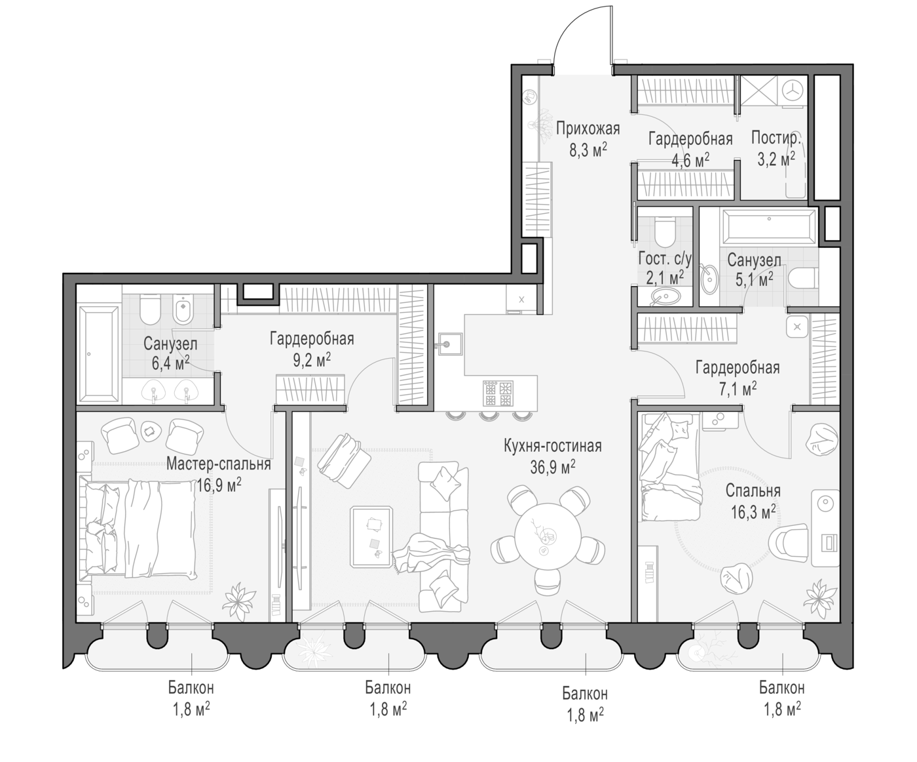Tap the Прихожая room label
pyautogui.click(x=588, y=129)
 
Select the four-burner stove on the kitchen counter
pyautogui.click(x=498, y=393)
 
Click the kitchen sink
pyautogui.click(x=450, y=344)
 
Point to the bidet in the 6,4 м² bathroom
pyautogui.click(x=181, y=308)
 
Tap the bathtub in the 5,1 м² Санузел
pyautogui.click(x=769, y=226)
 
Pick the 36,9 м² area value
pyautogui.click(x=552, y=468)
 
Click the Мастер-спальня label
pyautogui.click(x=219, y=464)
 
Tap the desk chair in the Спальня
pyautogui.click(x=789, y=544)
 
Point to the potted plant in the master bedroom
pyautogui.click(x=239, y=601)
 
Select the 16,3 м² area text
pyautogui.click(x=753, y=511)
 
